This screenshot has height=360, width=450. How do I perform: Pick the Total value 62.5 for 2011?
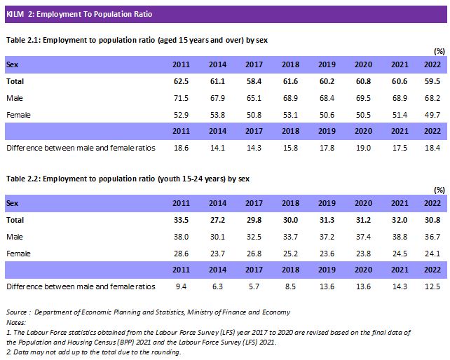point(181,82)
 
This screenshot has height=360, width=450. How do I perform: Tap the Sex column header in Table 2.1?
point(13,65)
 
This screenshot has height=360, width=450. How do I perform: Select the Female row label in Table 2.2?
point(19,253)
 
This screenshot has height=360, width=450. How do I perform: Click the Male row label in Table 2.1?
point(15,97)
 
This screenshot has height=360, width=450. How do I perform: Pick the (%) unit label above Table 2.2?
point(439,190)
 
